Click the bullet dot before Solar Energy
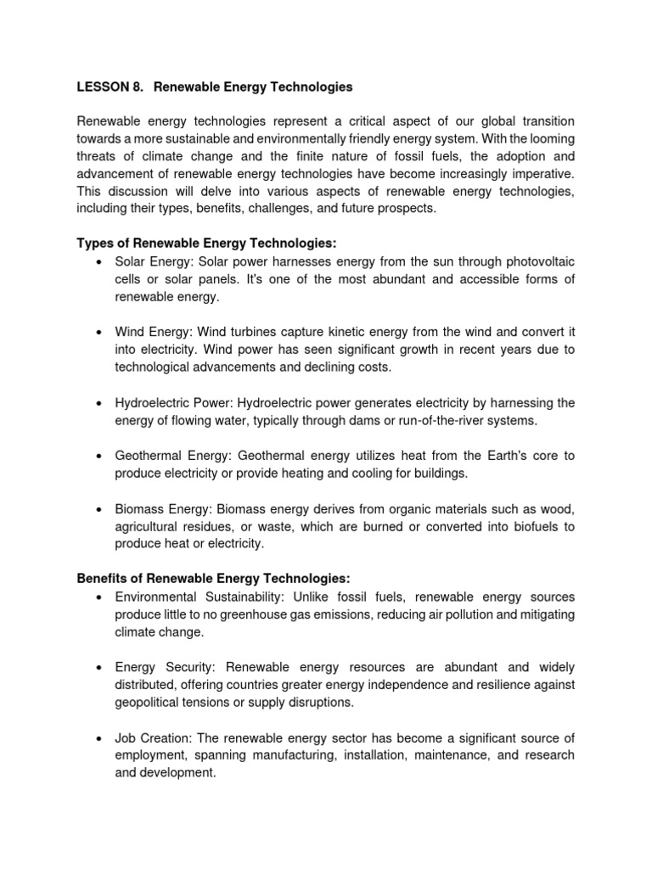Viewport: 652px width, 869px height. (101, 261)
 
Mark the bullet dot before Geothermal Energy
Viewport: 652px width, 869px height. (101, 456)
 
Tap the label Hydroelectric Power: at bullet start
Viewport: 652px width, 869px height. (174, 402)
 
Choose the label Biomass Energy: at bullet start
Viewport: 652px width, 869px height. (165, 509)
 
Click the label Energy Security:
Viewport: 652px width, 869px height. (166, 667)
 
